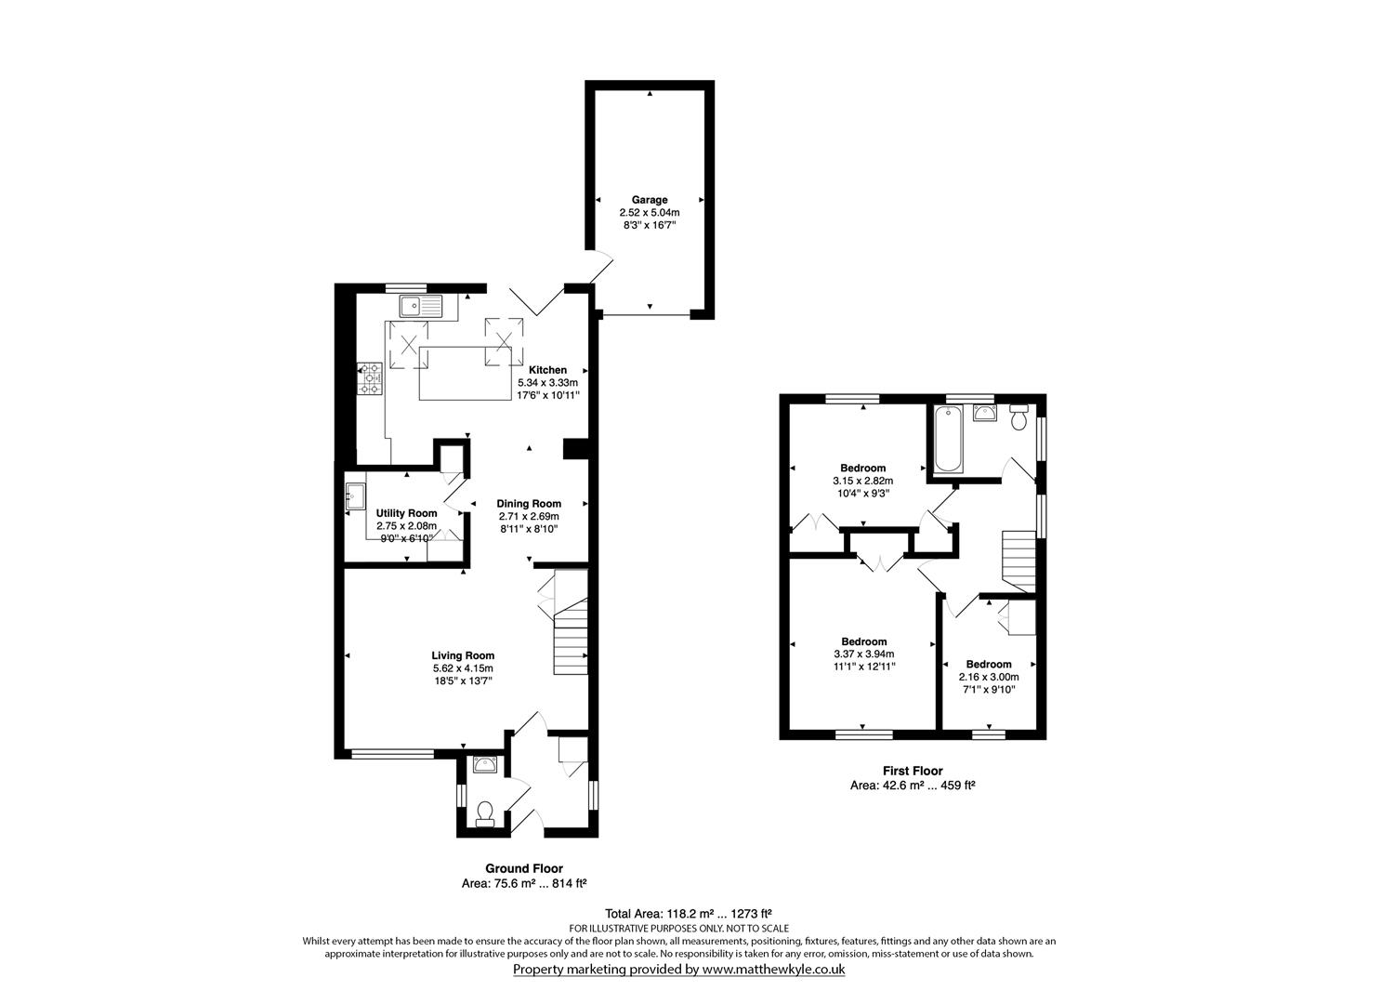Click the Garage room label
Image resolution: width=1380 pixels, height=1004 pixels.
650,200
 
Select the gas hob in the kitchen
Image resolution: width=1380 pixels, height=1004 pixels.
371,378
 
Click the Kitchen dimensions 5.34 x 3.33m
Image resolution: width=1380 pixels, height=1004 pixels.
547,382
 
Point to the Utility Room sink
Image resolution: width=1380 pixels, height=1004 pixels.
355,496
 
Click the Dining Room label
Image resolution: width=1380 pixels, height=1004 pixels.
529,504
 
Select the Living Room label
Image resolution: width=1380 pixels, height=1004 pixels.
463,655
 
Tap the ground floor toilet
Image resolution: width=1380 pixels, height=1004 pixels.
483,813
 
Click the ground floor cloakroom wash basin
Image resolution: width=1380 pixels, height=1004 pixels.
485,765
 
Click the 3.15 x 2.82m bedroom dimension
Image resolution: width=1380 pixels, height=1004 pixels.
862,481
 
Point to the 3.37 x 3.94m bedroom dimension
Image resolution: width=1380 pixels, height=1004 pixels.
863,654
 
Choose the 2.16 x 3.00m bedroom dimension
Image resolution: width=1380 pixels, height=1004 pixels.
989,677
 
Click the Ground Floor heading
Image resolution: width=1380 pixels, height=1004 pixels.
524,868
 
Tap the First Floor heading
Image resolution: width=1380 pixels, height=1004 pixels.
912,771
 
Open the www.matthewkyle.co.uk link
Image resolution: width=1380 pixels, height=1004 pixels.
772,969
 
